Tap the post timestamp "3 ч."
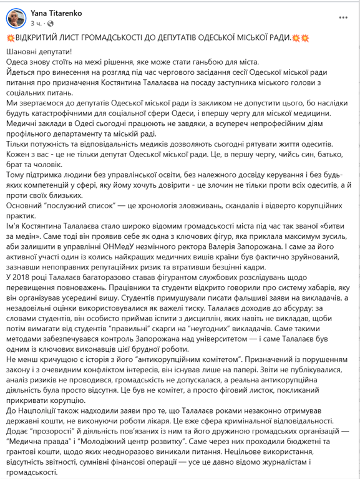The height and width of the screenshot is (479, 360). point(36,23)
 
